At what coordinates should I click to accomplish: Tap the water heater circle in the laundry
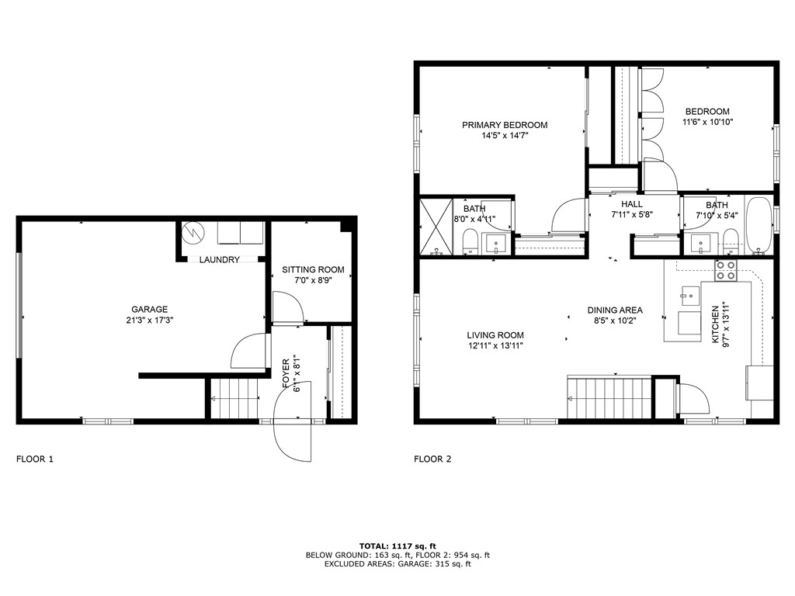click(191, 232)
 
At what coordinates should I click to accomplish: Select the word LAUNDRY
click(220, 260)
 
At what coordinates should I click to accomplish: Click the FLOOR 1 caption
click(35, 459)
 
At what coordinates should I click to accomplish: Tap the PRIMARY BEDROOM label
click(505, 125)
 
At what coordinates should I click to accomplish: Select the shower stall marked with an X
click(436, 227)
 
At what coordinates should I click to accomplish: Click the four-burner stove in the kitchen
click(726, 271)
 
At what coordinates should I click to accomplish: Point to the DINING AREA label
click(614, 310)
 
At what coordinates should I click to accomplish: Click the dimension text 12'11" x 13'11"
click(495, 346)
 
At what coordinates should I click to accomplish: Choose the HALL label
click(631, 204)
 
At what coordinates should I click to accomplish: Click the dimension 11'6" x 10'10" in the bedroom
click(707, 122)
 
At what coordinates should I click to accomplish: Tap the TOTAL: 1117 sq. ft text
click(397, 546)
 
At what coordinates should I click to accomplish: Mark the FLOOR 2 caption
click(432, 459)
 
